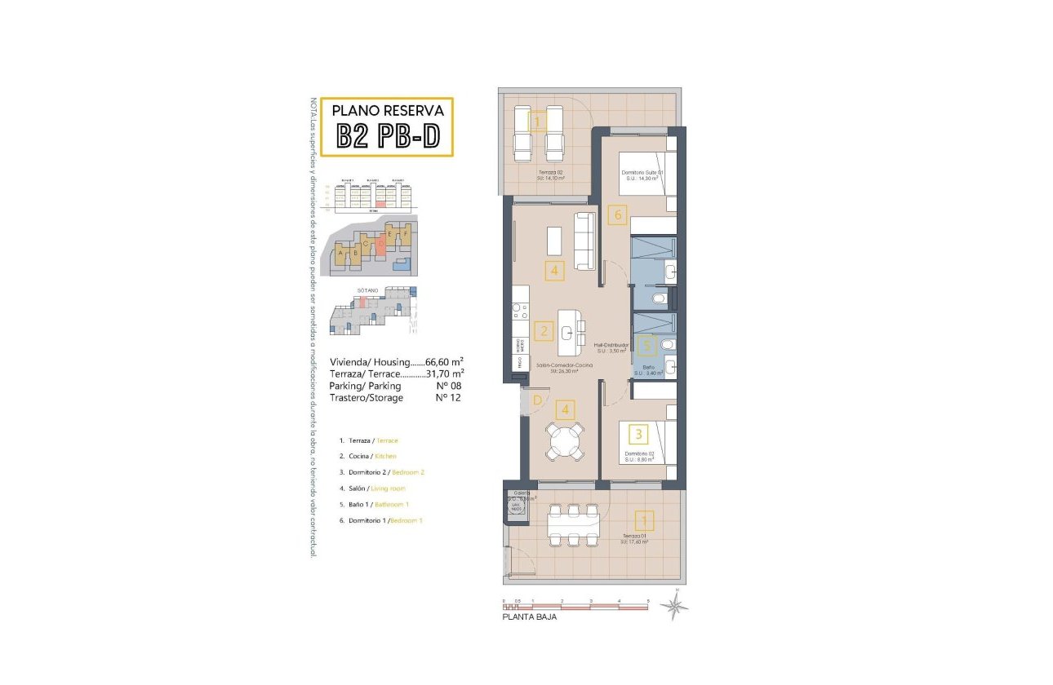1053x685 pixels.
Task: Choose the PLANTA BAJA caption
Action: pos(530,617)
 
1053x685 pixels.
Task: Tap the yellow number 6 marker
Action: pos(617,215)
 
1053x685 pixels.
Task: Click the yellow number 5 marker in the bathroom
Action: pos(646,345)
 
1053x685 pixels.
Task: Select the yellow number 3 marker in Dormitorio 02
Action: pos(639,433)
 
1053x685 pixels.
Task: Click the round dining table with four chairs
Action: pos(565,441)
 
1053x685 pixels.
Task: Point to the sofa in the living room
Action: pos(585,241)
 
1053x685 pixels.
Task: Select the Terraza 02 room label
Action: pos(552,173)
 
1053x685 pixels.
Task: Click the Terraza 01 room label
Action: pos(633,535)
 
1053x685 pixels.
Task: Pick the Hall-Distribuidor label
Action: pos(611,346)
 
